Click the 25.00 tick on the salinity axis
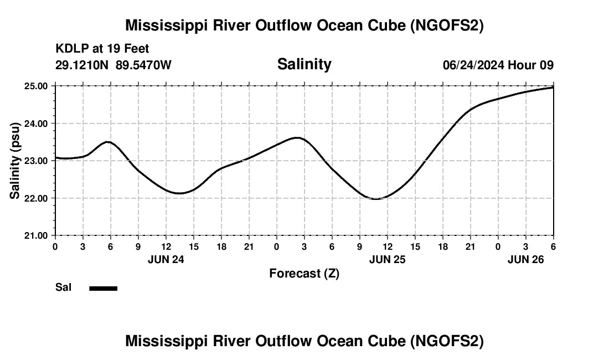point(37,86)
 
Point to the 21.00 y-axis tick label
point(37,235)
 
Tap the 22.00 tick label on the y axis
point(37,198)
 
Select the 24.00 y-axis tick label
point(37,124)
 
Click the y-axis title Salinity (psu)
point(16,161)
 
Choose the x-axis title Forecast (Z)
point(304,273)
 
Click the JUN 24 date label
point(166,259)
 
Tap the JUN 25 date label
point(388,259)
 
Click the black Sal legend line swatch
point(103,288)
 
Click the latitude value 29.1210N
point(82,65)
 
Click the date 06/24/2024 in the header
point(473,65)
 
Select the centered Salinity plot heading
point(304,64)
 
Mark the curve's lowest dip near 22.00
point(376,198)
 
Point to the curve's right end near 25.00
point(553,88)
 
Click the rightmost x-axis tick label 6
point(553,246)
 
